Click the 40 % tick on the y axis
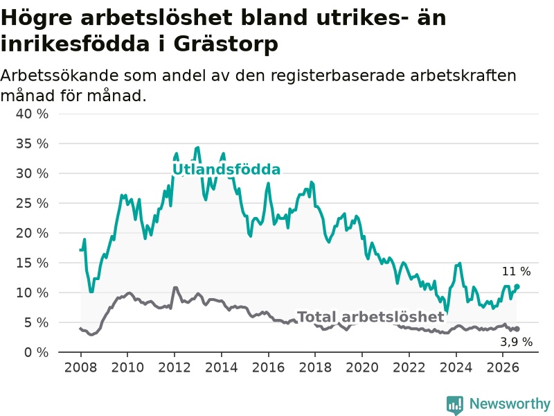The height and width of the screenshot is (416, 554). point(32,114)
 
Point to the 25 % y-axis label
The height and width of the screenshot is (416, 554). point(32,203)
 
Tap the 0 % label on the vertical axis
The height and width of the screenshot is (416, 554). point(37,352)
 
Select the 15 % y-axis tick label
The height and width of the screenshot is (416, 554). point(32,263)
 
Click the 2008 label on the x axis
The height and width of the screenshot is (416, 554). point(80,367)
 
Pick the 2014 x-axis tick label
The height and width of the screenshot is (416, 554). point(222,367)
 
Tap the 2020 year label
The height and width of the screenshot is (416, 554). point(362,367)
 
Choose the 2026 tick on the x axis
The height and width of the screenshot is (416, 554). point(503,367)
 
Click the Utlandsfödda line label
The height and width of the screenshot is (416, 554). point(226,170)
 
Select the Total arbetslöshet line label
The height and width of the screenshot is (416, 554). point(370,317)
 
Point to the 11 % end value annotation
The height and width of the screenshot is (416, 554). point(516,272)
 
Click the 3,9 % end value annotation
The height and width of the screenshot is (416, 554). point(516,342)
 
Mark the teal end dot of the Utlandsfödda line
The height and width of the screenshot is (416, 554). point(517,286)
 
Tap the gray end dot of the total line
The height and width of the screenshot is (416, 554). point(517,329)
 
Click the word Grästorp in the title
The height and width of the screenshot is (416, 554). point(226,44)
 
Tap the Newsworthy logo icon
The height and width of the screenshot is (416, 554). point(455,405)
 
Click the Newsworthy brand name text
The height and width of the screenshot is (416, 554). point(510,404)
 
